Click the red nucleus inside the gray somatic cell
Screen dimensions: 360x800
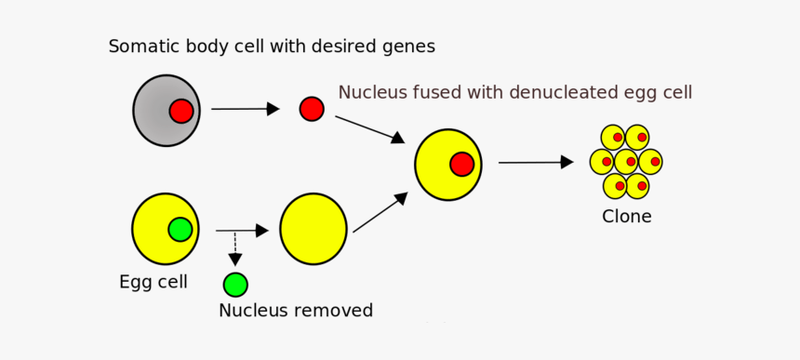coord(181,112)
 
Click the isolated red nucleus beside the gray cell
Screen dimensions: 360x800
coord(312,109)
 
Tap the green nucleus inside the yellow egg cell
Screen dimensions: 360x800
coord(180,229)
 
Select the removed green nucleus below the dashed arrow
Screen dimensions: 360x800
coord(235,284)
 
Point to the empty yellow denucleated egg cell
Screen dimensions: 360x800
coord(313,229)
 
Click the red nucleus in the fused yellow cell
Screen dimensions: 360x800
coord(462,165)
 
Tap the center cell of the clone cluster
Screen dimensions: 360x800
coord(625,161)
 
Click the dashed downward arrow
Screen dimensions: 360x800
coord(234,248)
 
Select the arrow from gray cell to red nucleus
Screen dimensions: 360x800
coord(245,109)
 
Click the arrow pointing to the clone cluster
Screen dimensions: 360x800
coord(536,162)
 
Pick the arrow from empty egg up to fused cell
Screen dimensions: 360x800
coord(380,212)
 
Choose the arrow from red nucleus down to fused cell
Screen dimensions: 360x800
coord(369,129)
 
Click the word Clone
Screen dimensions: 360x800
coord(626,217)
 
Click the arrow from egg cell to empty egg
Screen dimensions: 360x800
coord(242,230)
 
